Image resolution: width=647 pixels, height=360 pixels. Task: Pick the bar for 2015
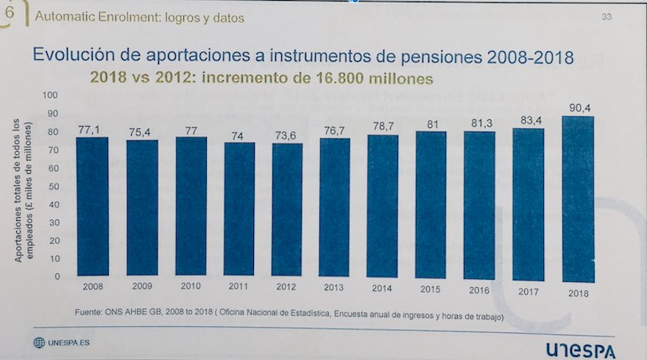coord(431,206)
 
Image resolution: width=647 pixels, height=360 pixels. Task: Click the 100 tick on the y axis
coord(51,95)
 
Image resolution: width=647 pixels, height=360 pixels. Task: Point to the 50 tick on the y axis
coord(53,186)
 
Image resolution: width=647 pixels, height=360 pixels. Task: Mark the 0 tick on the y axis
coord(55,277)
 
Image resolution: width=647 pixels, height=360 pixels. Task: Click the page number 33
coord(607,17)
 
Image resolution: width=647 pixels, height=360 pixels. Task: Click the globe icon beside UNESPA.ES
coord(38,343)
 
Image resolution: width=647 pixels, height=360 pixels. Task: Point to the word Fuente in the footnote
coord(89,313)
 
